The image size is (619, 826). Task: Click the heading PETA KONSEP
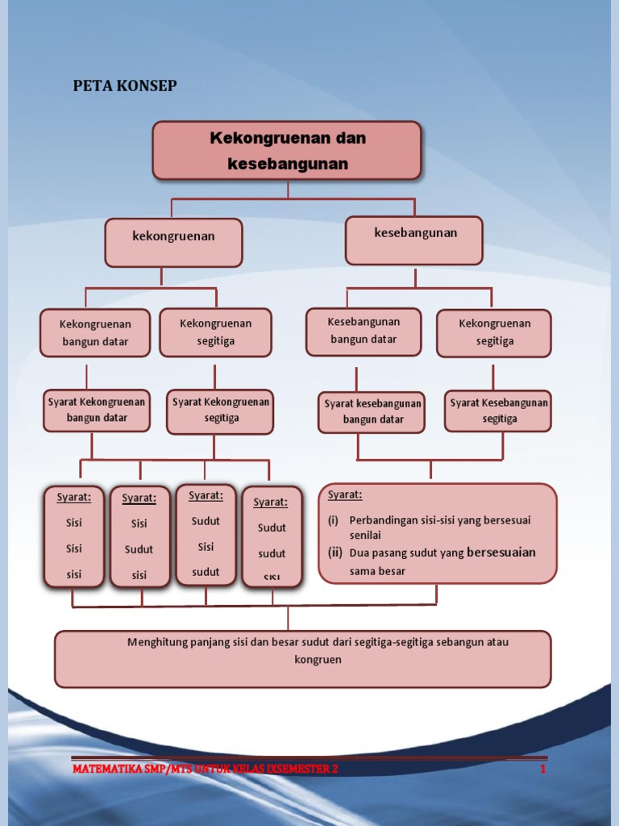(125, 86)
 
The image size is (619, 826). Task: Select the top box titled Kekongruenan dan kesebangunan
(287, 150)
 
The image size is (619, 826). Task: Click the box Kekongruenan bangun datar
(95, 332)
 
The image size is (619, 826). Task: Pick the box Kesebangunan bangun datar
(364, 331)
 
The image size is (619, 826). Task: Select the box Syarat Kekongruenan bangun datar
(97, 410)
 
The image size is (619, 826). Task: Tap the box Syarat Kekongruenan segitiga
(220, 411)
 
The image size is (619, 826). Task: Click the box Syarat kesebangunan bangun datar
(372, 411)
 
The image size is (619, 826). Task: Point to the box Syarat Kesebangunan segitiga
(498, 411)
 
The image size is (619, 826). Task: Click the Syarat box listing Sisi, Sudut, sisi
(139, 536)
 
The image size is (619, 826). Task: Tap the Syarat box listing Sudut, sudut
(272, 536)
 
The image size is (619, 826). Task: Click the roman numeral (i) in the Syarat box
(333, 520)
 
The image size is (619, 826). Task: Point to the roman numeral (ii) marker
(334, 553)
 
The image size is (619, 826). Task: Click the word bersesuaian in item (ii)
(501, 553)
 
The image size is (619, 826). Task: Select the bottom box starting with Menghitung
(303, 658)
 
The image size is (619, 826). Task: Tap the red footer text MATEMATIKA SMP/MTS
(205, 769)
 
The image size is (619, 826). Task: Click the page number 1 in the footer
(543, 769)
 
